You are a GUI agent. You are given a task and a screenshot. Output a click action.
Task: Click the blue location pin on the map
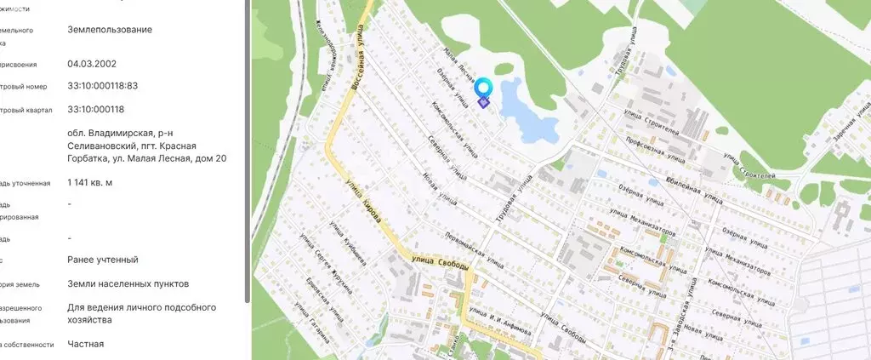coord(483,89)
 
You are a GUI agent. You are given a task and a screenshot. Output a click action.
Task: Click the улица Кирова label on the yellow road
coord(365,203)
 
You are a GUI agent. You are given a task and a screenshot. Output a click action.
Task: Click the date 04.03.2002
coord(92,64)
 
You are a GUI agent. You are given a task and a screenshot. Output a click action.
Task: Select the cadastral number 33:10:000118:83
coord(102,86)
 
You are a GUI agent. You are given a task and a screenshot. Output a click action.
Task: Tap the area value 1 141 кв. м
coord(90,182)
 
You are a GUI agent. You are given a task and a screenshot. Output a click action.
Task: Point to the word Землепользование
coord(110,29)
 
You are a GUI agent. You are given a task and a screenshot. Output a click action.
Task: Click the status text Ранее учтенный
coord(102,260)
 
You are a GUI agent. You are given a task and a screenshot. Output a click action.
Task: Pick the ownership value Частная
coord(85,344)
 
